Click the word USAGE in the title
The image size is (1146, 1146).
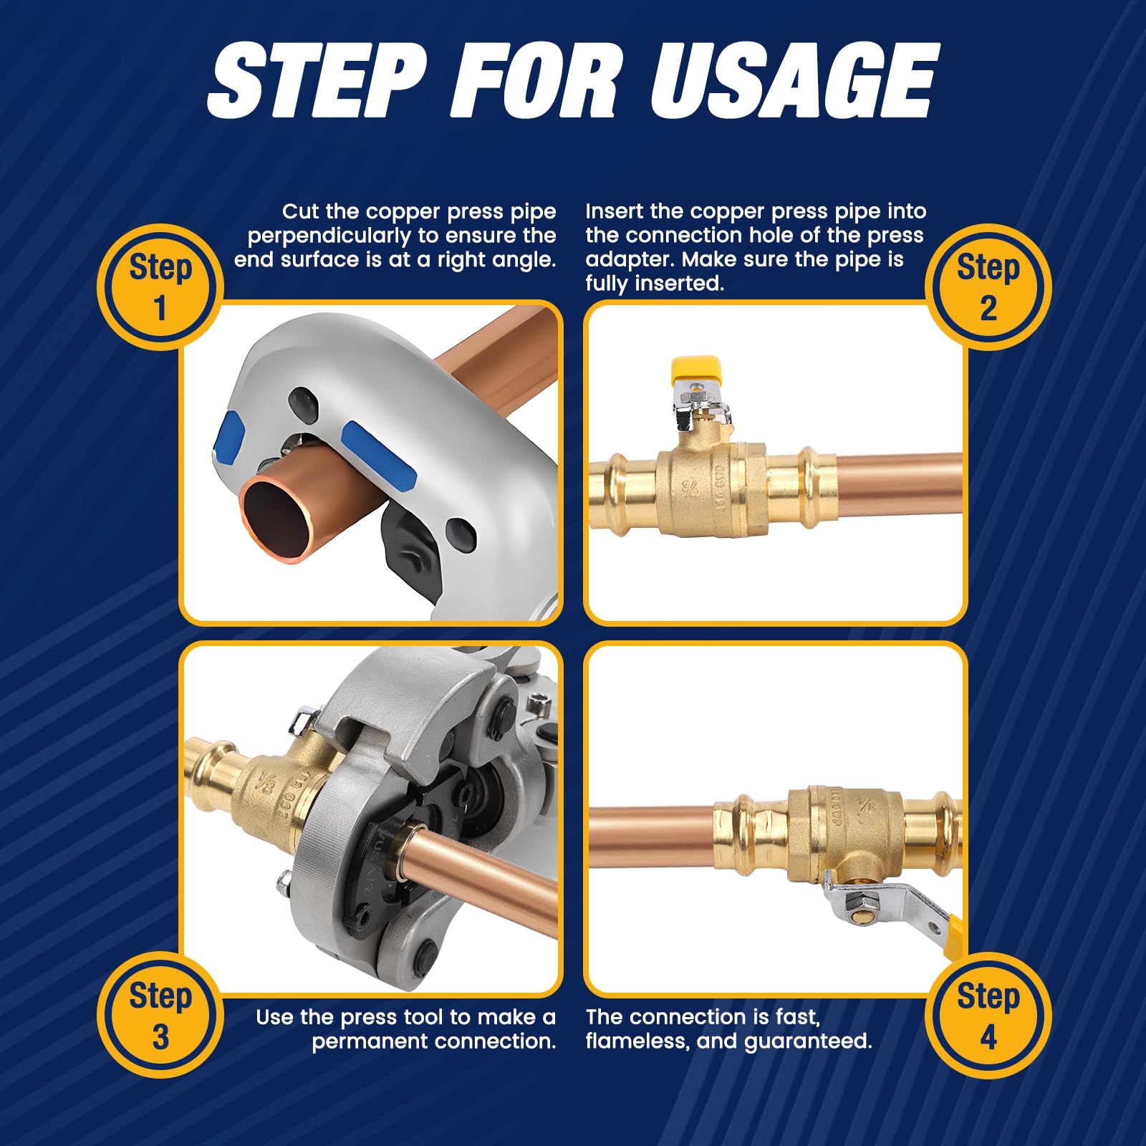click(x=794, y=80)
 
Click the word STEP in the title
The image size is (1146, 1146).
click(x=317, y=80)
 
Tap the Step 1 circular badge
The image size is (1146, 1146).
click(x=160, y=287)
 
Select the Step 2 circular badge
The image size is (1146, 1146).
click(x=988, y=287)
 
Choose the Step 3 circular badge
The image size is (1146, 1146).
click(x=160, y=1015)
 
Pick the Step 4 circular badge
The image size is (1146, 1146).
click(x=988, y=1015)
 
